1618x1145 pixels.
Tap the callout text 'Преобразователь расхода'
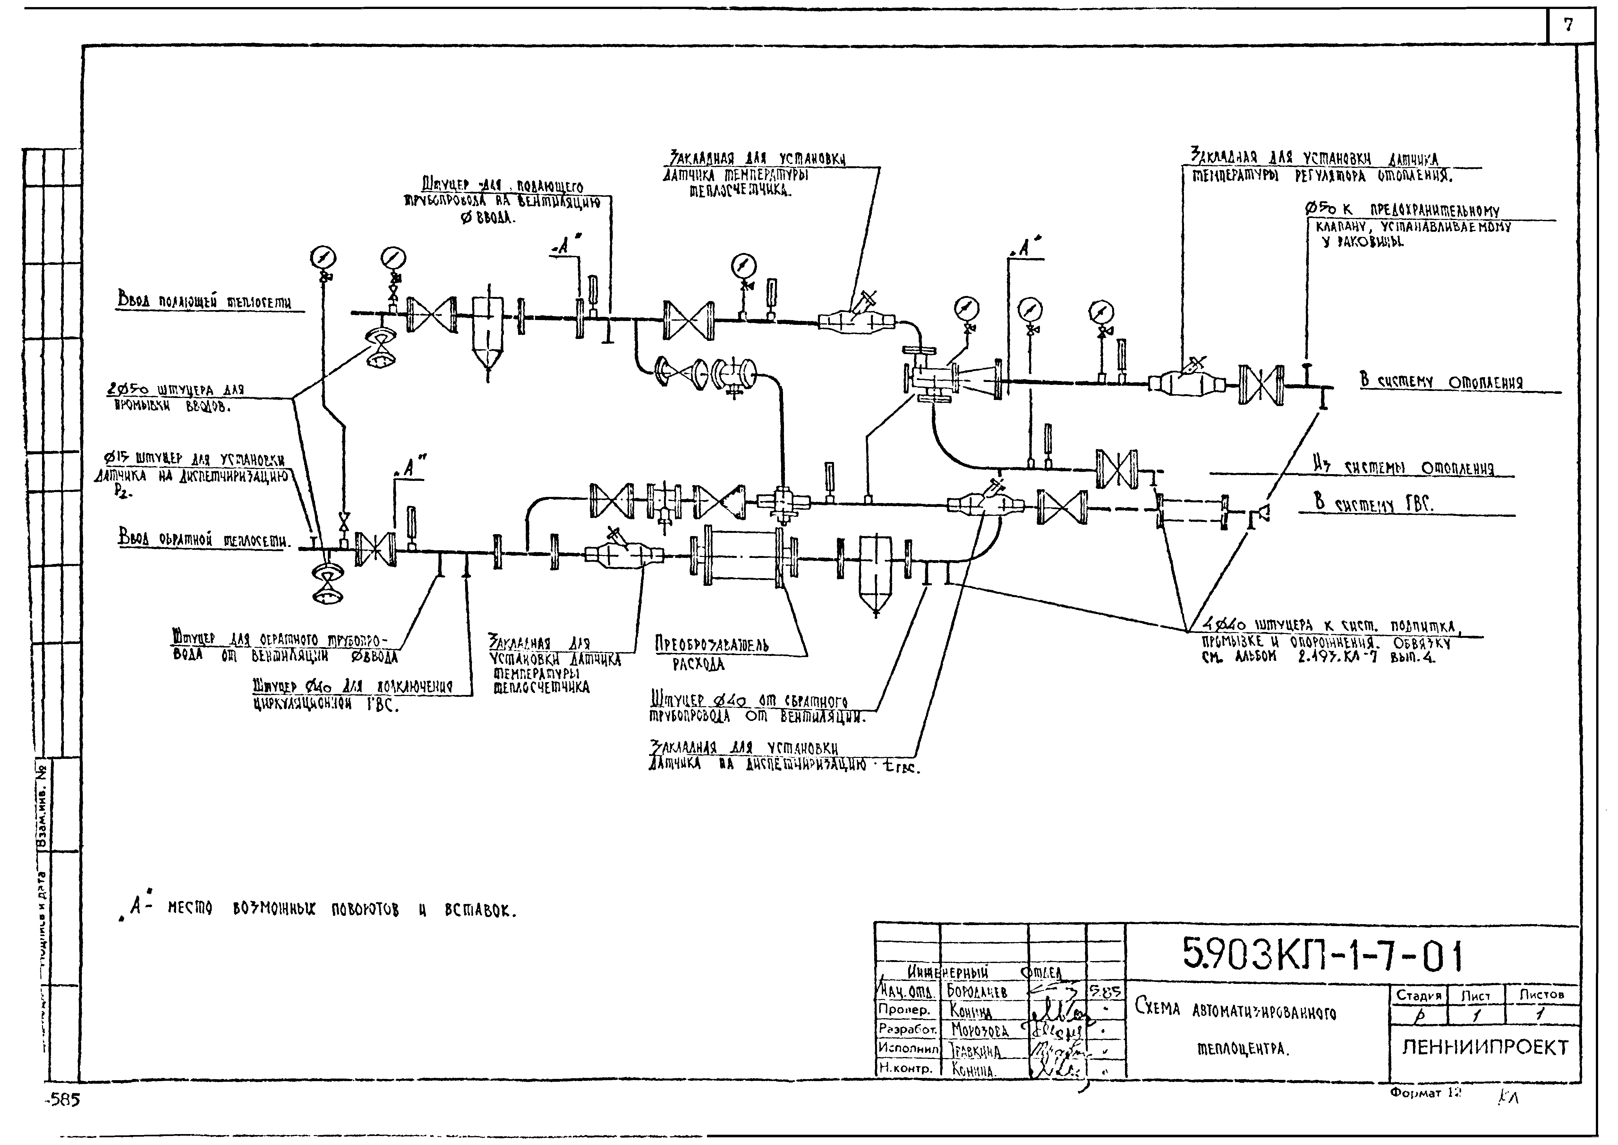pos(711,654)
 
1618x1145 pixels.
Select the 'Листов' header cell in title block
pos(1541,995)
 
